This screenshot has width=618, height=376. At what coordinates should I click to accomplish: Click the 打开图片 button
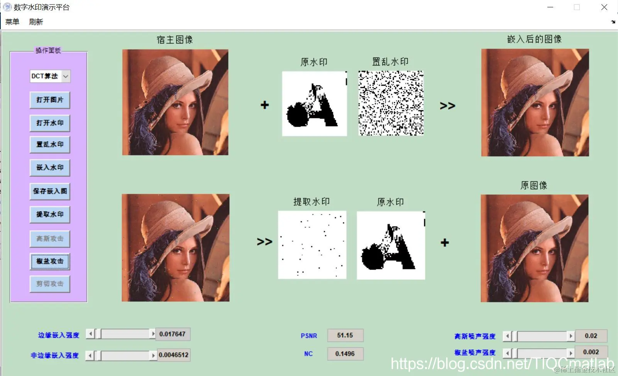[x=50, y=100]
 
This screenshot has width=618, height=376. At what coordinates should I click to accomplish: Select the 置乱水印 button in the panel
[x=50, y=145]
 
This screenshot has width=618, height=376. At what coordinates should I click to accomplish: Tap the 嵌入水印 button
[x=50, y=168]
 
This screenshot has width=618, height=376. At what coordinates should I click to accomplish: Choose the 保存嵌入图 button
[x=50, y=191]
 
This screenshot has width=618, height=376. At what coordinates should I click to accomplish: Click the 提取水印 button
[x=50, y=214]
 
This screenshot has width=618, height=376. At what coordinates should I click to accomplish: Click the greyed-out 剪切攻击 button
[x=50, y=284]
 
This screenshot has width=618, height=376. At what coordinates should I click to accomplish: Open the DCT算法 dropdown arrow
[x=66, y=76]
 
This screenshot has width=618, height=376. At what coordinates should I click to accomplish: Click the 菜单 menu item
[x=12, y=22]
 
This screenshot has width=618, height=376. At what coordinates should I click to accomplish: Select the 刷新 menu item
[x=36, y=22]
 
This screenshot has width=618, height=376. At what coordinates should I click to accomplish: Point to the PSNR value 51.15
[x=345, y=336]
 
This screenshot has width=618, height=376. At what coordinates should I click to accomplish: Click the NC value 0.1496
[x=345, y=354]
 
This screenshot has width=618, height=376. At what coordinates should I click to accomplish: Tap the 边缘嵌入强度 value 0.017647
[x=173, y=334]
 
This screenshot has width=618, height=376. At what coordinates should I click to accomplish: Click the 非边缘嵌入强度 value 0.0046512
[x=174, y=355]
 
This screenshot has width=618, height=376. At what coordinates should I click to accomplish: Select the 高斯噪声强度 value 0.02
[x=591, y=336]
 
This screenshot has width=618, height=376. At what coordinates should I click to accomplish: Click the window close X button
[x=604, y=7]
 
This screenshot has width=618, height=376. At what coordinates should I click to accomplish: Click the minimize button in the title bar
[x=550, y=7]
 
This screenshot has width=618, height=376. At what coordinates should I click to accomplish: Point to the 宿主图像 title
[x=174, y=40]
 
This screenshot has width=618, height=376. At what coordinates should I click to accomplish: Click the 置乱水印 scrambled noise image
[x=391, y=103]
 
